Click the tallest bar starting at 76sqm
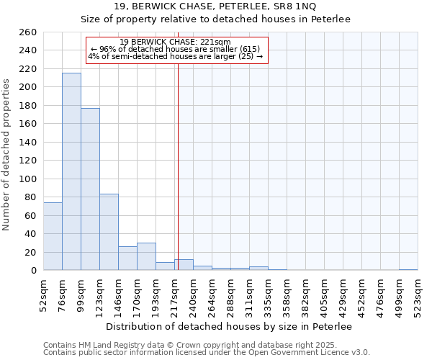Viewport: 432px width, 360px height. (71, 171)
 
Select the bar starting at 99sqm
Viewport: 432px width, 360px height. (90, 189)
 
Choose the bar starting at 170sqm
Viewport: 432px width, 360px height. (146, 256)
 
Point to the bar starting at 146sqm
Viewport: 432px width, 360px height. (127, 258)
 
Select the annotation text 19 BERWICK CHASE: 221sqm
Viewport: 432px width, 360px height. (175, 42)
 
